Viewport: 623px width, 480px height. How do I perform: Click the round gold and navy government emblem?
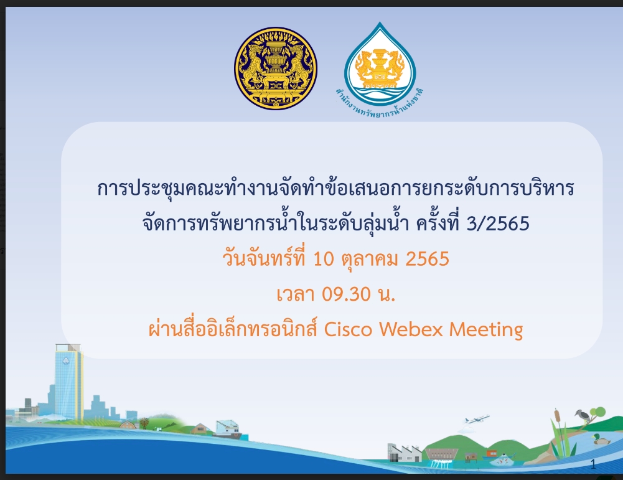click(275, 68)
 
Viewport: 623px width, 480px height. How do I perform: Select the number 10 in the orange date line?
click(324, 258)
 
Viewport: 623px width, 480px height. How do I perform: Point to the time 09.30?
click(346, 294)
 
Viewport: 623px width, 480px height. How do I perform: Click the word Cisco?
click(348, 329)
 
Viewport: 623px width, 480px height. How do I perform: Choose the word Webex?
click(411, 329)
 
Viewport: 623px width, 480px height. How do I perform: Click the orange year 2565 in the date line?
click(427, 258)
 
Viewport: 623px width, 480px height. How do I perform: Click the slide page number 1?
click(593, 464)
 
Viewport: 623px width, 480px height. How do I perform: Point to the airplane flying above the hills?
click(476, 419)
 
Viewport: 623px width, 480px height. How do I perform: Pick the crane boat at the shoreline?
click(227, 429)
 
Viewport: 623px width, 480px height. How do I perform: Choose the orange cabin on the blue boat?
click(492, 453)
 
